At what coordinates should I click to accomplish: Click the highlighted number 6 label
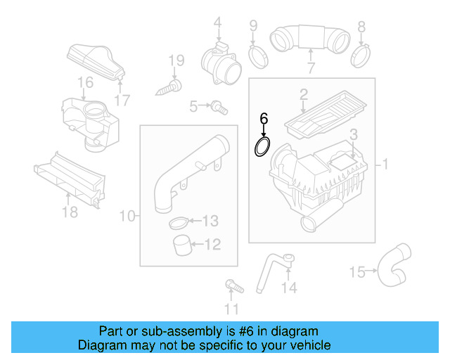[x=264, y=118]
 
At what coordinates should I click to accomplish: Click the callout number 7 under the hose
[x=310, y=68]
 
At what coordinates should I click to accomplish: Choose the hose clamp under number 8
[x=361, y=51]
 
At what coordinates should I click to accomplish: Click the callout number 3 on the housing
[x=354, y=134]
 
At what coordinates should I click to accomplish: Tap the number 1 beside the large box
[x=385, y=165]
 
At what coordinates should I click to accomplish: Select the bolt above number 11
[x=230, y=286]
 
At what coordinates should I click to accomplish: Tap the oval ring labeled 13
[x=179, y=224]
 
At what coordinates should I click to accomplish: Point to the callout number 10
[x=126, y=217]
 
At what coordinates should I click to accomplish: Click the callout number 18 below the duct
[x=69, y=211]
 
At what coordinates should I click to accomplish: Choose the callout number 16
[x=84, y=84]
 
